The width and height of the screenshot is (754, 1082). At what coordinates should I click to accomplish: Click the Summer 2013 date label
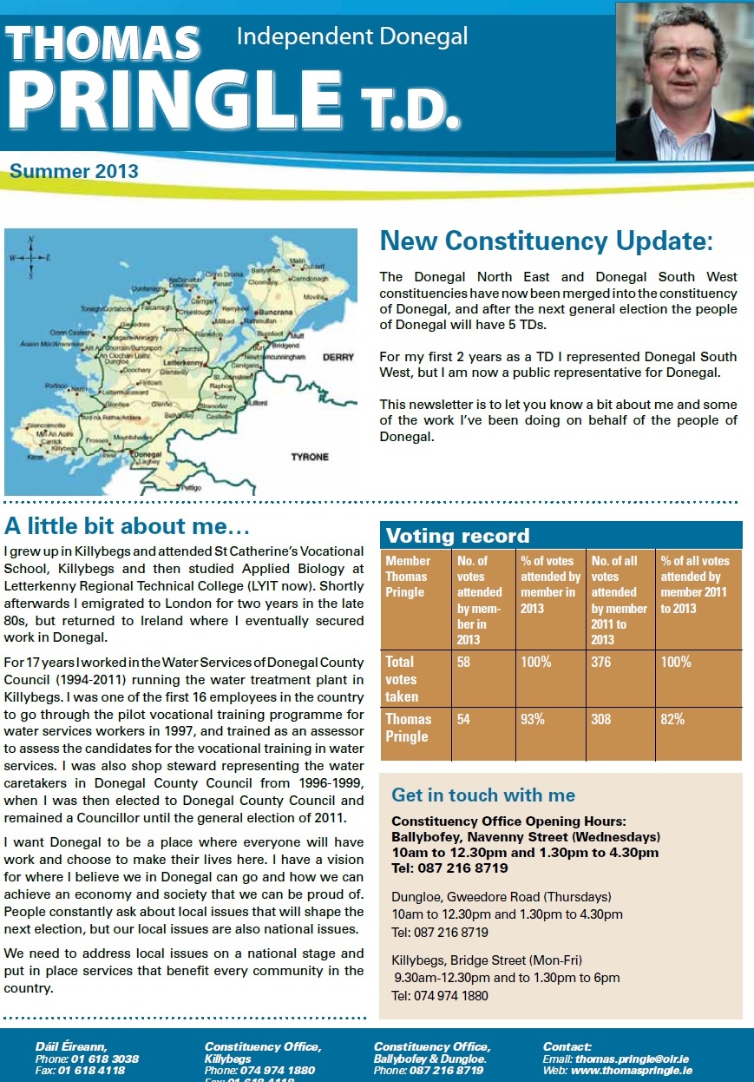75,171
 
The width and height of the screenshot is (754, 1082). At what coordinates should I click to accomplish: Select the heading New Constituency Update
547,241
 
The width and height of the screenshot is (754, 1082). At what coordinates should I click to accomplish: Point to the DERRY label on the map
338,357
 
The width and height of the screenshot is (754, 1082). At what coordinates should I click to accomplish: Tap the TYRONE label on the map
310,456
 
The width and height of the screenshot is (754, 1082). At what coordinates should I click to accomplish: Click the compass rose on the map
30,258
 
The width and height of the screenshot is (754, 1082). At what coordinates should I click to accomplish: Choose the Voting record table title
457,535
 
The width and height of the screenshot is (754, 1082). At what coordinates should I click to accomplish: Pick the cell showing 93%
533,719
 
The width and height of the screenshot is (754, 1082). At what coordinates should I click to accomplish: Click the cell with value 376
601,662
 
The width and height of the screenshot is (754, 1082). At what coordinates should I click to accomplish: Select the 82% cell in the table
672,719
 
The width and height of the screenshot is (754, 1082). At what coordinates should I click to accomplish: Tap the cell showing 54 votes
464,719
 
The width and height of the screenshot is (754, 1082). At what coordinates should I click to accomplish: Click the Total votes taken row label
402,679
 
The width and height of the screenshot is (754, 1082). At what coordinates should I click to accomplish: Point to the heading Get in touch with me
483,795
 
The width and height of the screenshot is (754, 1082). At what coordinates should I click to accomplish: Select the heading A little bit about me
128,526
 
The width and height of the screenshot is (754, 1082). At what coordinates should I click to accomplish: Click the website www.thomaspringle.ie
631,1071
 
